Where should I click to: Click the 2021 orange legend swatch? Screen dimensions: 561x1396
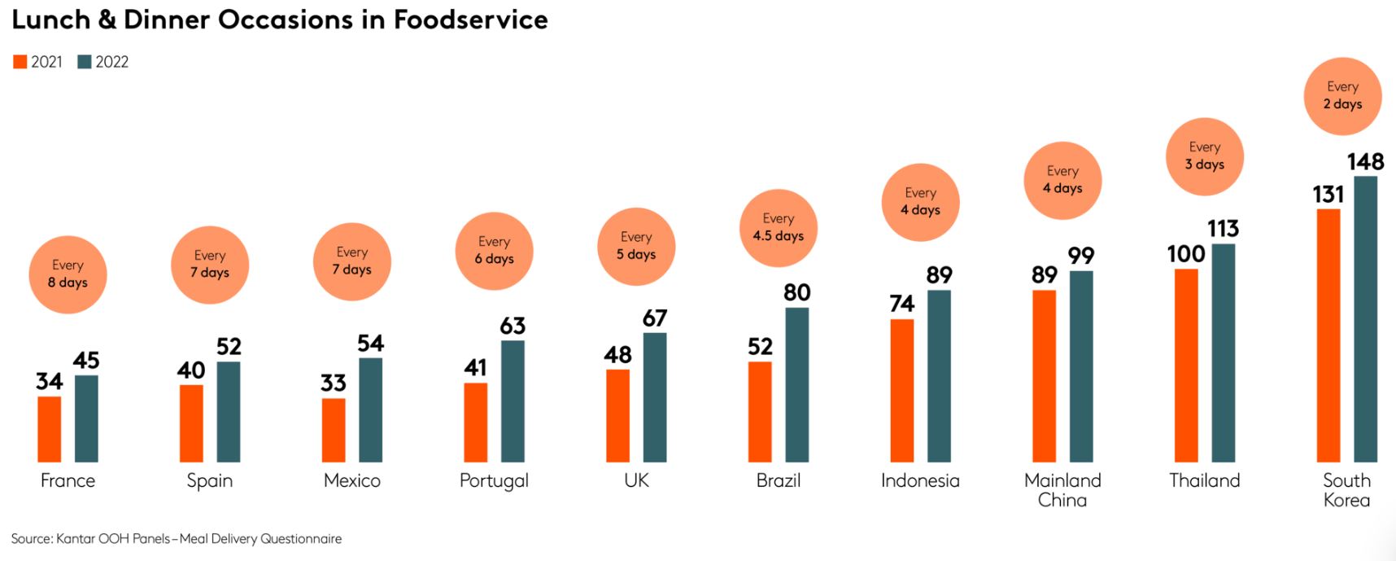coord(20,62)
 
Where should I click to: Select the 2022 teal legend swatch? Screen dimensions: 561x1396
coord(85,62)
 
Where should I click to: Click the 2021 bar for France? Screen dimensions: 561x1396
coord(50,429)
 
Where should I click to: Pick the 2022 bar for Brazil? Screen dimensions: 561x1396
coord(796,384)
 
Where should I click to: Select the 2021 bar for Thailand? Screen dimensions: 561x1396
coord(1186,365)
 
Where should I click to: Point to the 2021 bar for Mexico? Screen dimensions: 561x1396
coord(334,430)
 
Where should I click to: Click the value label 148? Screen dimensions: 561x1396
coord(1365,162)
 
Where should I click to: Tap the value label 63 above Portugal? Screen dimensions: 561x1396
coord(513,327)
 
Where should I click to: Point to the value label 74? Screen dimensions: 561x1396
coord(901,304)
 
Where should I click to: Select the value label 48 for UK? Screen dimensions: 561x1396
coord(617,355)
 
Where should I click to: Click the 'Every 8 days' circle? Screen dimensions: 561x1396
coord(68,274)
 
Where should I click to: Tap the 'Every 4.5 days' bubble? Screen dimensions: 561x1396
coord(779,228)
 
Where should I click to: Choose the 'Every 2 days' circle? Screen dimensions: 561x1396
coord(1342,96)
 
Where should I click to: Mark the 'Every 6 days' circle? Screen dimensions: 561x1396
coord(494,251)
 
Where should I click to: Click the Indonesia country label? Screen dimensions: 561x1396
coord(920,480)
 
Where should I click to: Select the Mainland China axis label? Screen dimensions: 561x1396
coord(1062,490)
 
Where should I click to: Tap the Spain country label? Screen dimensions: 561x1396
coord(210,480)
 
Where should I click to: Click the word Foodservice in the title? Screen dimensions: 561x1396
coord(470,20)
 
